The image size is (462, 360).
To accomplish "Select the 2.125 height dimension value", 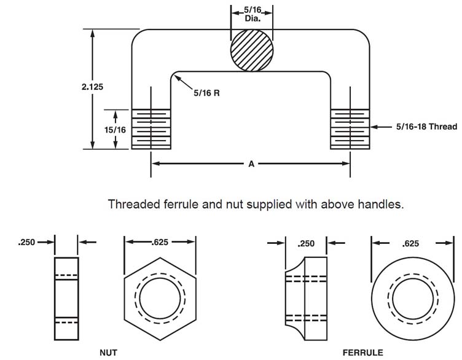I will point(92,87).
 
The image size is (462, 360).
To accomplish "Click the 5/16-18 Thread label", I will point(426,127).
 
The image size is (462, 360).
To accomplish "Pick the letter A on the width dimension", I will point(251,164).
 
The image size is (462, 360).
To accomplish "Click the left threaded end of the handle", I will point(151,128).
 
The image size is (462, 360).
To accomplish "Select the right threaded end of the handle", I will point(350,128).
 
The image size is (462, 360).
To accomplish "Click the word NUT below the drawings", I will point(109,353).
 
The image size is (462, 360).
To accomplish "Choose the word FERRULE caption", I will point(363,353).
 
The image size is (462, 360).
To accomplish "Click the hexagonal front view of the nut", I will point(160,299).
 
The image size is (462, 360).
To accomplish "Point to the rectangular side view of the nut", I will point(66,299).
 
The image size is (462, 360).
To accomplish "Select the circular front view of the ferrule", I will point(406,299).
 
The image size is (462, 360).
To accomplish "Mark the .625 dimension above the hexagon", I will point(160,242).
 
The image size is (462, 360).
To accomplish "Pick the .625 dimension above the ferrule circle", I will point(406,243).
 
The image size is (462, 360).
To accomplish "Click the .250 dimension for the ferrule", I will point(305,243).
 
